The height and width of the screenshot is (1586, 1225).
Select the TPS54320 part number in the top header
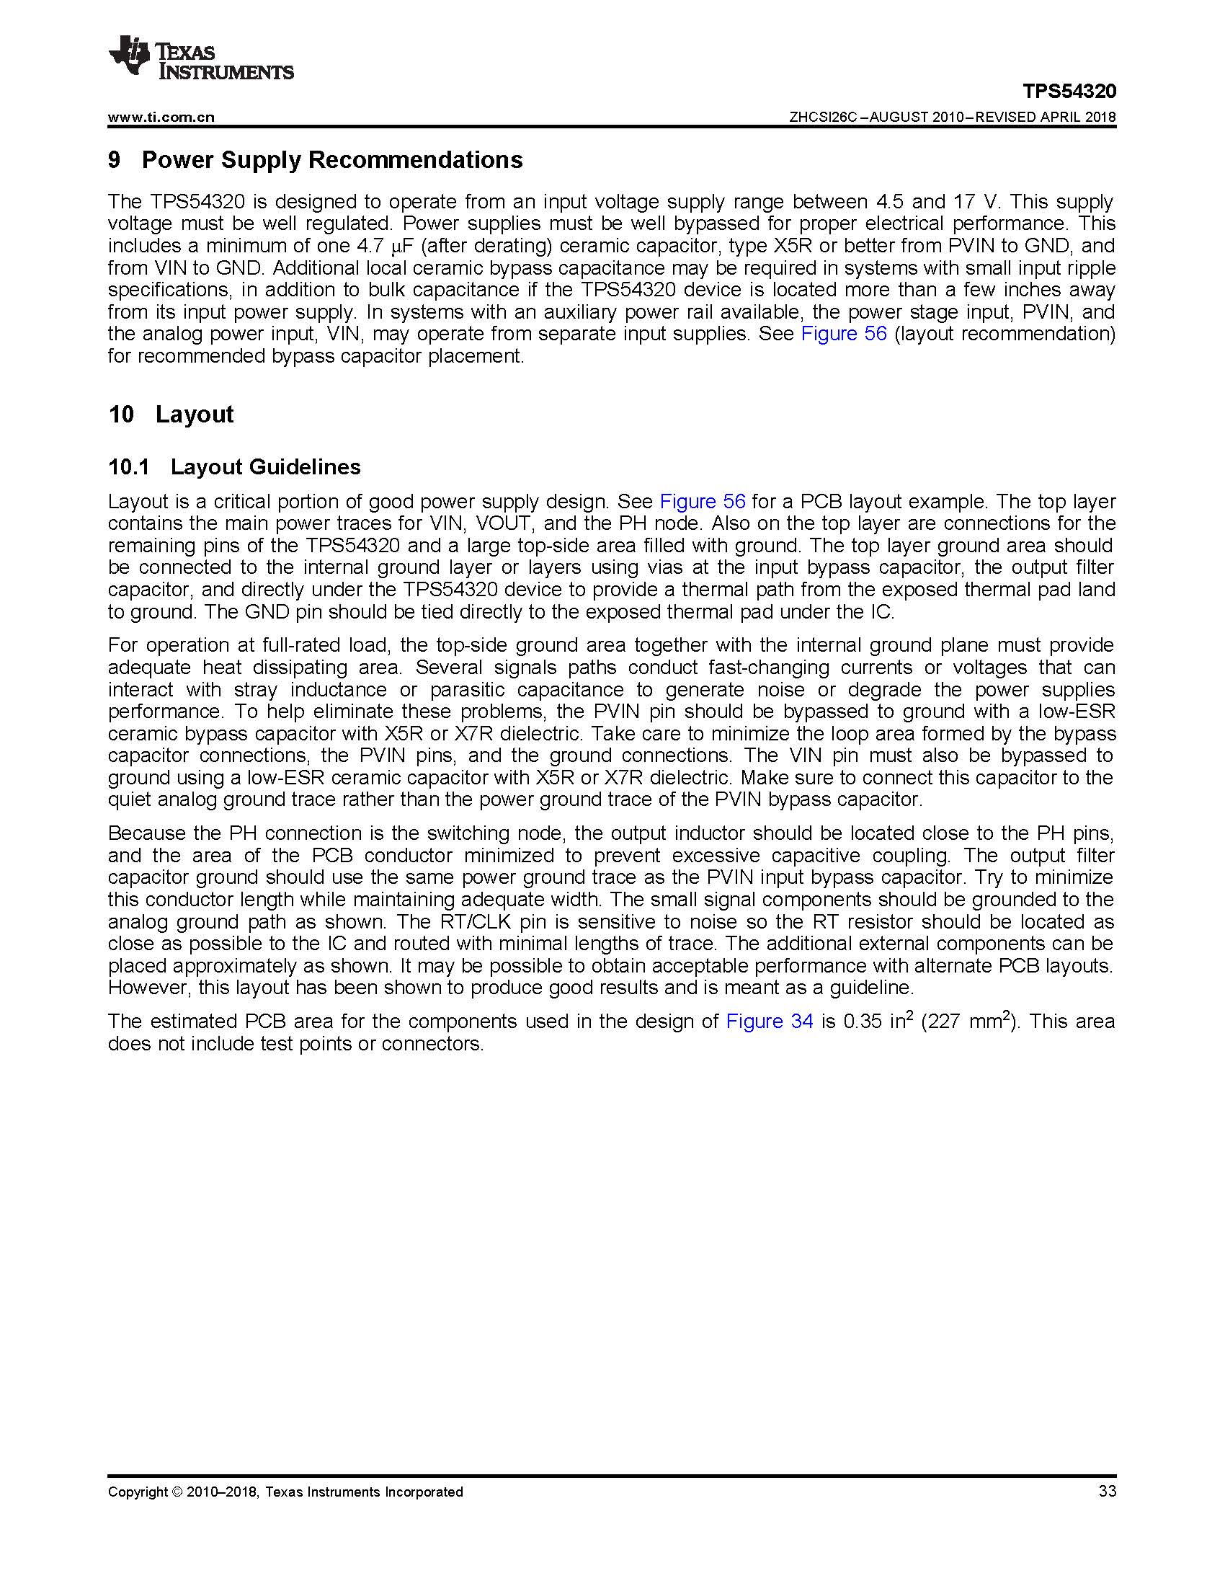1069,92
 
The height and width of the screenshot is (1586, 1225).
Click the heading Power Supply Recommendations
331,160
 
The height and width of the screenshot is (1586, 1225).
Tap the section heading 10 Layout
171,415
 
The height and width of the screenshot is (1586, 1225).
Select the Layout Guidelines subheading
265,467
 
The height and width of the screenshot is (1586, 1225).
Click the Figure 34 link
770,1022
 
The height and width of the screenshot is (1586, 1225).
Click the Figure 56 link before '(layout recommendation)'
843,334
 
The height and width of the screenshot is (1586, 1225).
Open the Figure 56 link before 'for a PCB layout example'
702,502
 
